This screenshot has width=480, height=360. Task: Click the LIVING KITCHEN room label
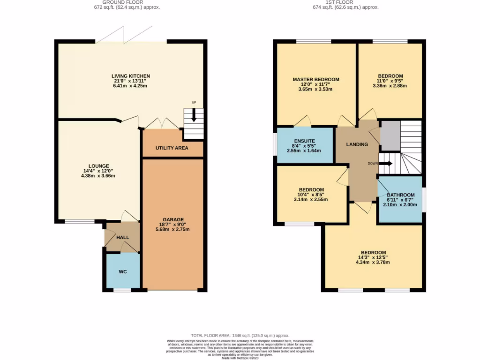click(x=130, y=76)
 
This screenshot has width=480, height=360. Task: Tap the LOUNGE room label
click(x=98, y=166)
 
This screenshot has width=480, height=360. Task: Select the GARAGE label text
click(x=173, y=219)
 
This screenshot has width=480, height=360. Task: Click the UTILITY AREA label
click(x=172, y=148)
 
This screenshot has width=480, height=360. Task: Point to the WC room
click(x=122, y=271)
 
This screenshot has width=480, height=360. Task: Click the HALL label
click(x=123, y=238)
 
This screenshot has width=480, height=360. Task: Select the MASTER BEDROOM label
click(x=316, y=80)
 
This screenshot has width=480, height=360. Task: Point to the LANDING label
click(x=357, y=144)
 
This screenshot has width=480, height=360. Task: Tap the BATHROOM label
click(x=400, y=195)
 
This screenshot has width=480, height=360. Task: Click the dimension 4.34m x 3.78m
click(x=374, y=262)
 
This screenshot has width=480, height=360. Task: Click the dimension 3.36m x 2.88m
click(x=390, y=86)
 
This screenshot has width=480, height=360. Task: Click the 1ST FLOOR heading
click(x=346, y=2)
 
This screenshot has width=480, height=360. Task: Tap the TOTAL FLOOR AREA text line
click(x=240, y=336)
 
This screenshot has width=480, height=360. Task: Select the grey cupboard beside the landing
click(x=390, y=135)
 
